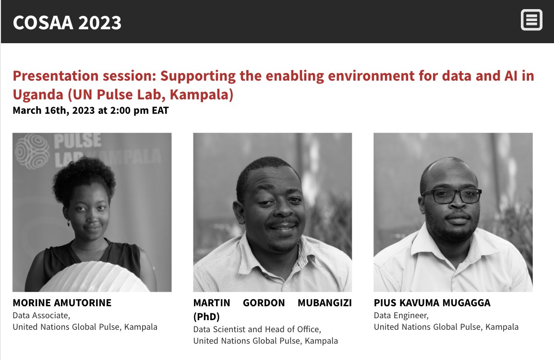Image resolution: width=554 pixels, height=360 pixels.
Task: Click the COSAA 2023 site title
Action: [67, 23]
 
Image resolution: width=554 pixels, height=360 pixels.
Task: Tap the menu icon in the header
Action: [531, 21]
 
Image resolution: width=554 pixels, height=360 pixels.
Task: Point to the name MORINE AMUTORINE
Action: [62, 303]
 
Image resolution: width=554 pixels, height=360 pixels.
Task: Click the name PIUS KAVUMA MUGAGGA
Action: [432, 303]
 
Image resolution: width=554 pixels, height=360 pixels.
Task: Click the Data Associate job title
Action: [41, 315]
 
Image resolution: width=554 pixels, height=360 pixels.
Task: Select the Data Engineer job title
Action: [401, 315]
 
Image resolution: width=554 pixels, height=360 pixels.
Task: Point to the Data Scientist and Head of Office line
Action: [257, 329]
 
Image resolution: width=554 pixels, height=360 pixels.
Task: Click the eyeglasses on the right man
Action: [451, 195]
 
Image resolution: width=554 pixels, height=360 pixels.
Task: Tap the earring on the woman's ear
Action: [68, 223]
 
